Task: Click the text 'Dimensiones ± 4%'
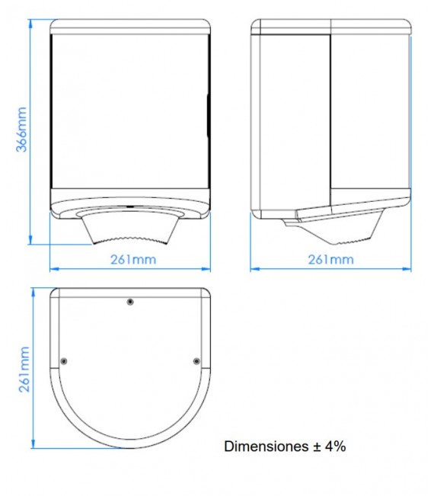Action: pyautogui.click(x=285, y=446)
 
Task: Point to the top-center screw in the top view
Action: pyautogui.click(x=130, y=302)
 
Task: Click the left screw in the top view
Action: pyautogui.click(x=63, y=360)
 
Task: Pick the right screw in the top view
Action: pyautogui.click(x=197, y=360)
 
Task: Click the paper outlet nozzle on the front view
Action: pyautogui.click(x=130, y=229)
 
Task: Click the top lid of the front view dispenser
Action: pyautogui.click(x=130, y=26)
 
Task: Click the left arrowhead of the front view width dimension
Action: pyautogui.click(x=53, y=268)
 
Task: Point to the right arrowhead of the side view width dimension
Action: pyautogui.click(x=410, y=268)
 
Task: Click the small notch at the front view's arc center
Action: pyautogui.click(x=130, y=206)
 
